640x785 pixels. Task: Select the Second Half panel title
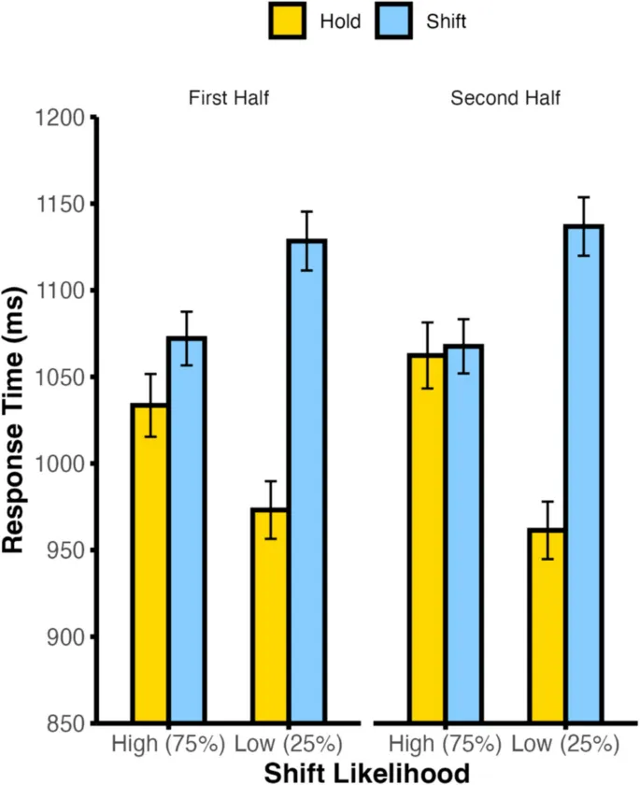505,98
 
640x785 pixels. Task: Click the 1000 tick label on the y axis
62,464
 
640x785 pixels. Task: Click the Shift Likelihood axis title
366,772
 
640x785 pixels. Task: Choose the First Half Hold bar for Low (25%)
269,616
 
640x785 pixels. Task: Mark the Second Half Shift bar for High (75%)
463,534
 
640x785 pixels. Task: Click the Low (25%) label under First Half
288,745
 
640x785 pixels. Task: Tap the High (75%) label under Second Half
445,745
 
